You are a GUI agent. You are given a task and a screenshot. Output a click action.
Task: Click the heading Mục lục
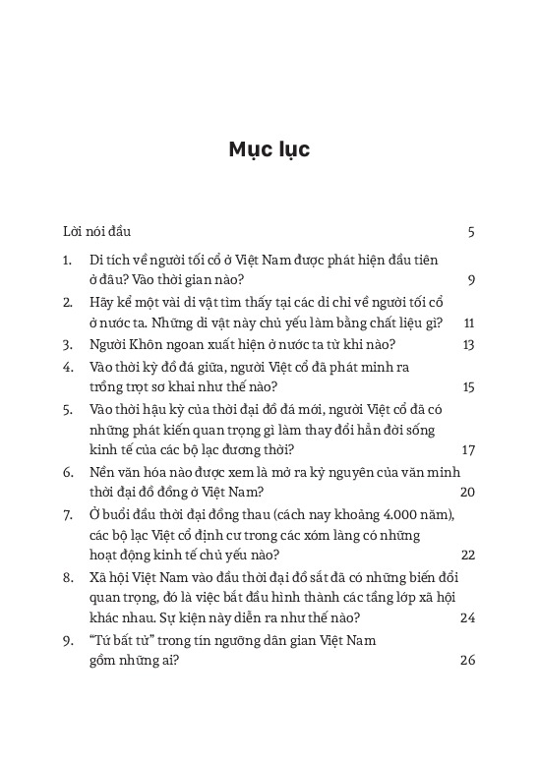269,149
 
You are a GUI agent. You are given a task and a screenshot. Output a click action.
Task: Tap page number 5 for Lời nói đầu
472,232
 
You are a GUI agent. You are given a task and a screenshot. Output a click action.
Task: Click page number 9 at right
472,280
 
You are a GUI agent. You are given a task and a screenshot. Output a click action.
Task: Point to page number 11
469,322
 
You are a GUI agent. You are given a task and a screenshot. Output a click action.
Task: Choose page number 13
468,344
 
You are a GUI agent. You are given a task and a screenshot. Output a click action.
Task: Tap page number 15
468,387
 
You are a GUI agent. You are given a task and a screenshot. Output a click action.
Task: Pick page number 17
468,450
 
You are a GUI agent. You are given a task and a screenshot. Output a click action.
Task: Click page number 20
467,492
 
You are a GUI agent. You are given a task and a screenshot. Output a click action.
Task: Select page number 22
467,555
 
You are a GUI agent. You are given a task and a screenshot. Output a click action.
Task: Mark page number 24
467,618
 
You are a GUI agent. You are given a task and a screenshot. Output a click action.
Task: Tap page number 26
467,661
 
